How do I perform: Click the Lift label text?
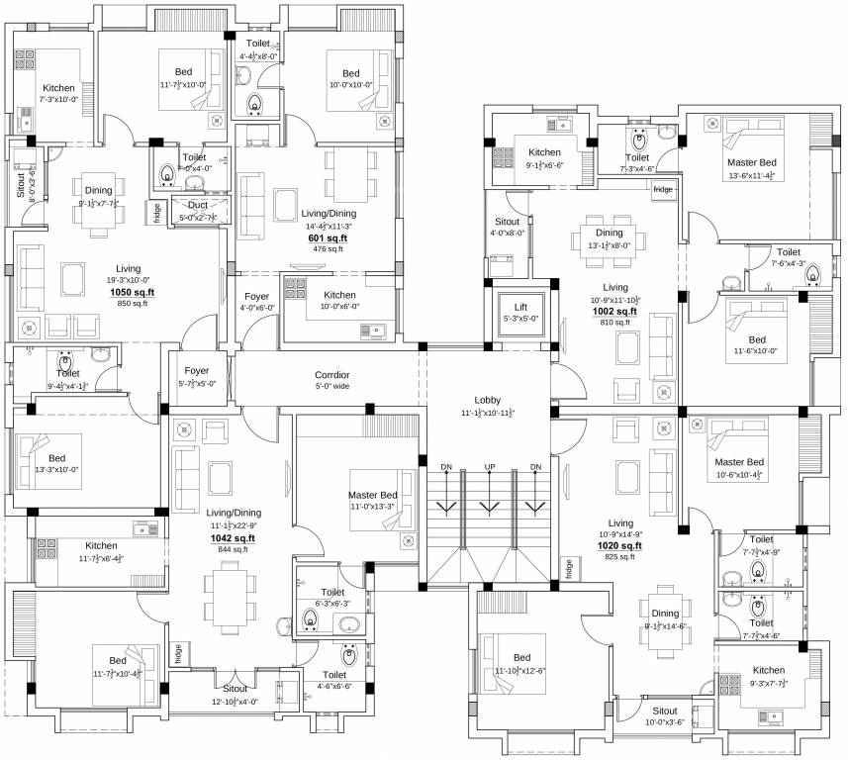pos(520,308)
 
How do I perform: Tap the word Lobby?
pos(488,399)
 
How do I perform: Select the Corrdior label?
pos(331,375)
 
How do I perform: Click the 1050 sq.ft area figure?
pos(128,293)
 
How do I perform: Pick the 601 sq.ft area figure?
pos(327,237)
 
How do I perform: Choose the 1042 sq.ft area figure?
pos(233,537)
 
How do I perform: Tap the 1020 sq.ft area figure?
pos(620,545)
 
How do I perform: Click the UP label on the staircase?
pos(490,466)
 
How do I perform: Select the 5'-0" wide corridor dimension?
pos(331,387)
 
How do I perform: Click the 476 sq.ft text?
pos(327,249)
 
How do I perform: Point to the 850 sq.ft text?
pos(128,305)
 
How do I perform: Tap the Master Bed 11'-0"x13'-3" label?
pos(372,501)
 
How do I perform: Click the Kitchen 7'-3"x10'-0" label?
pos(57,94)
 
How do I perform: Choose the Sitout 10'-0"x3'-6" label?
pos(665,716)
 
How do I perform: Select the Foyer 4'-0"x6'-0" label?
pos(256,302)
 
